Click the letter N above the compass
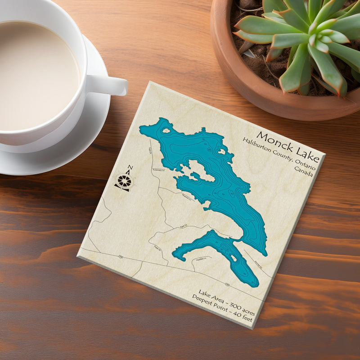(130, 168)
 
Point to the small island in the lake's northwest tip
(166, 131)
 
